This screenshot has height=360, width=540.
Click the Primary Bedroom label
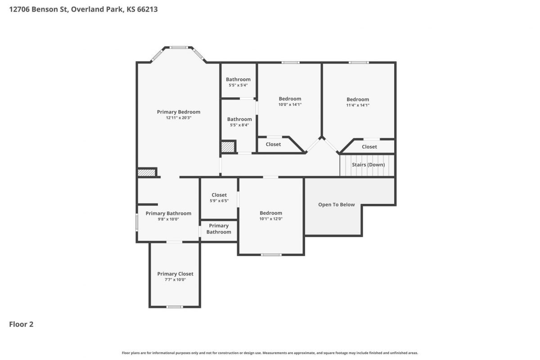click(x=178, y=112)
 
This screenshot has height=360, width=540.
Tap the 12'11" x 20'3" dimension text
click(x=178, y=117)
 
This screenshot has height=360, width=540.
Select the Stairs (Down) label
click(x=368, y=165)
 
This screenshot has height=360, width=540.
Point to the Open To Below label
click(x=336, y=204)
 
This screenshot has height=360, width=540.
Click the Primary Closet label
click(x=175, y=274)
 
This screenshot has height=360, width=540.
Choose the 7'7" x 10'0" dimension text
click(x=175, y=280)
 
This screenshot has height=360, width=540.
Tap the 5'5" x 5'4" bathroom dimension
click(x=238, y=85)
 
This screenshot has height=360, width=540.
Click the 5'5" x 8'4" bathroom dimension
click(x=239, y=125)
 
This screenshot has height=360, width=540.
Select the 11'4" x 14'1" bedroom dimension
click(x=358, y=105)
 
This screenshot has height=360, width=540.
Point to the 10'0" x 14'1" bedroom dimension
click(x=290, y=104)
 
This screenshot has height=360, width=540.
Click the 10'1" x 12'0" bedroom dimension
click(x=271, y=219)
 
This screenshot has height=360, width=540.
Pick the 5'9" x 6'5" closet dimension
click(x=219, y=201)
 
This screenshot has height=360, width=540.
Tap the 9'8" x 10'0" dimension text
click(x=168, y=219)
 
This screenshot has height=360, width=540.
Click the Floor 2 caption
click(x=21, y=324)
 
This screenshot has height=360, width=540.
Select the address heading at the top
click(x=83, y=9)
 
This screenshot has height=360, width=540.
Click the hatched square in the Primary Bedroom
click(x=146, y=173)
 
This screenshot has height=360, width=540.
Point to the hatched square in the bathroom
click(x=228, y=147)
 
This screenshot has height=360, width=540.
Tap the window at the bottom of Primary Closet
click(x=175, y=307)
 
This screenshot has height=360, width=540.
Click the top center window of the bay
click(x=178, y=48)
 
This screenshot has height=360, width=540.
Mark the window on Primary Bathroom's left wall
click(x=137, y=222)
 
